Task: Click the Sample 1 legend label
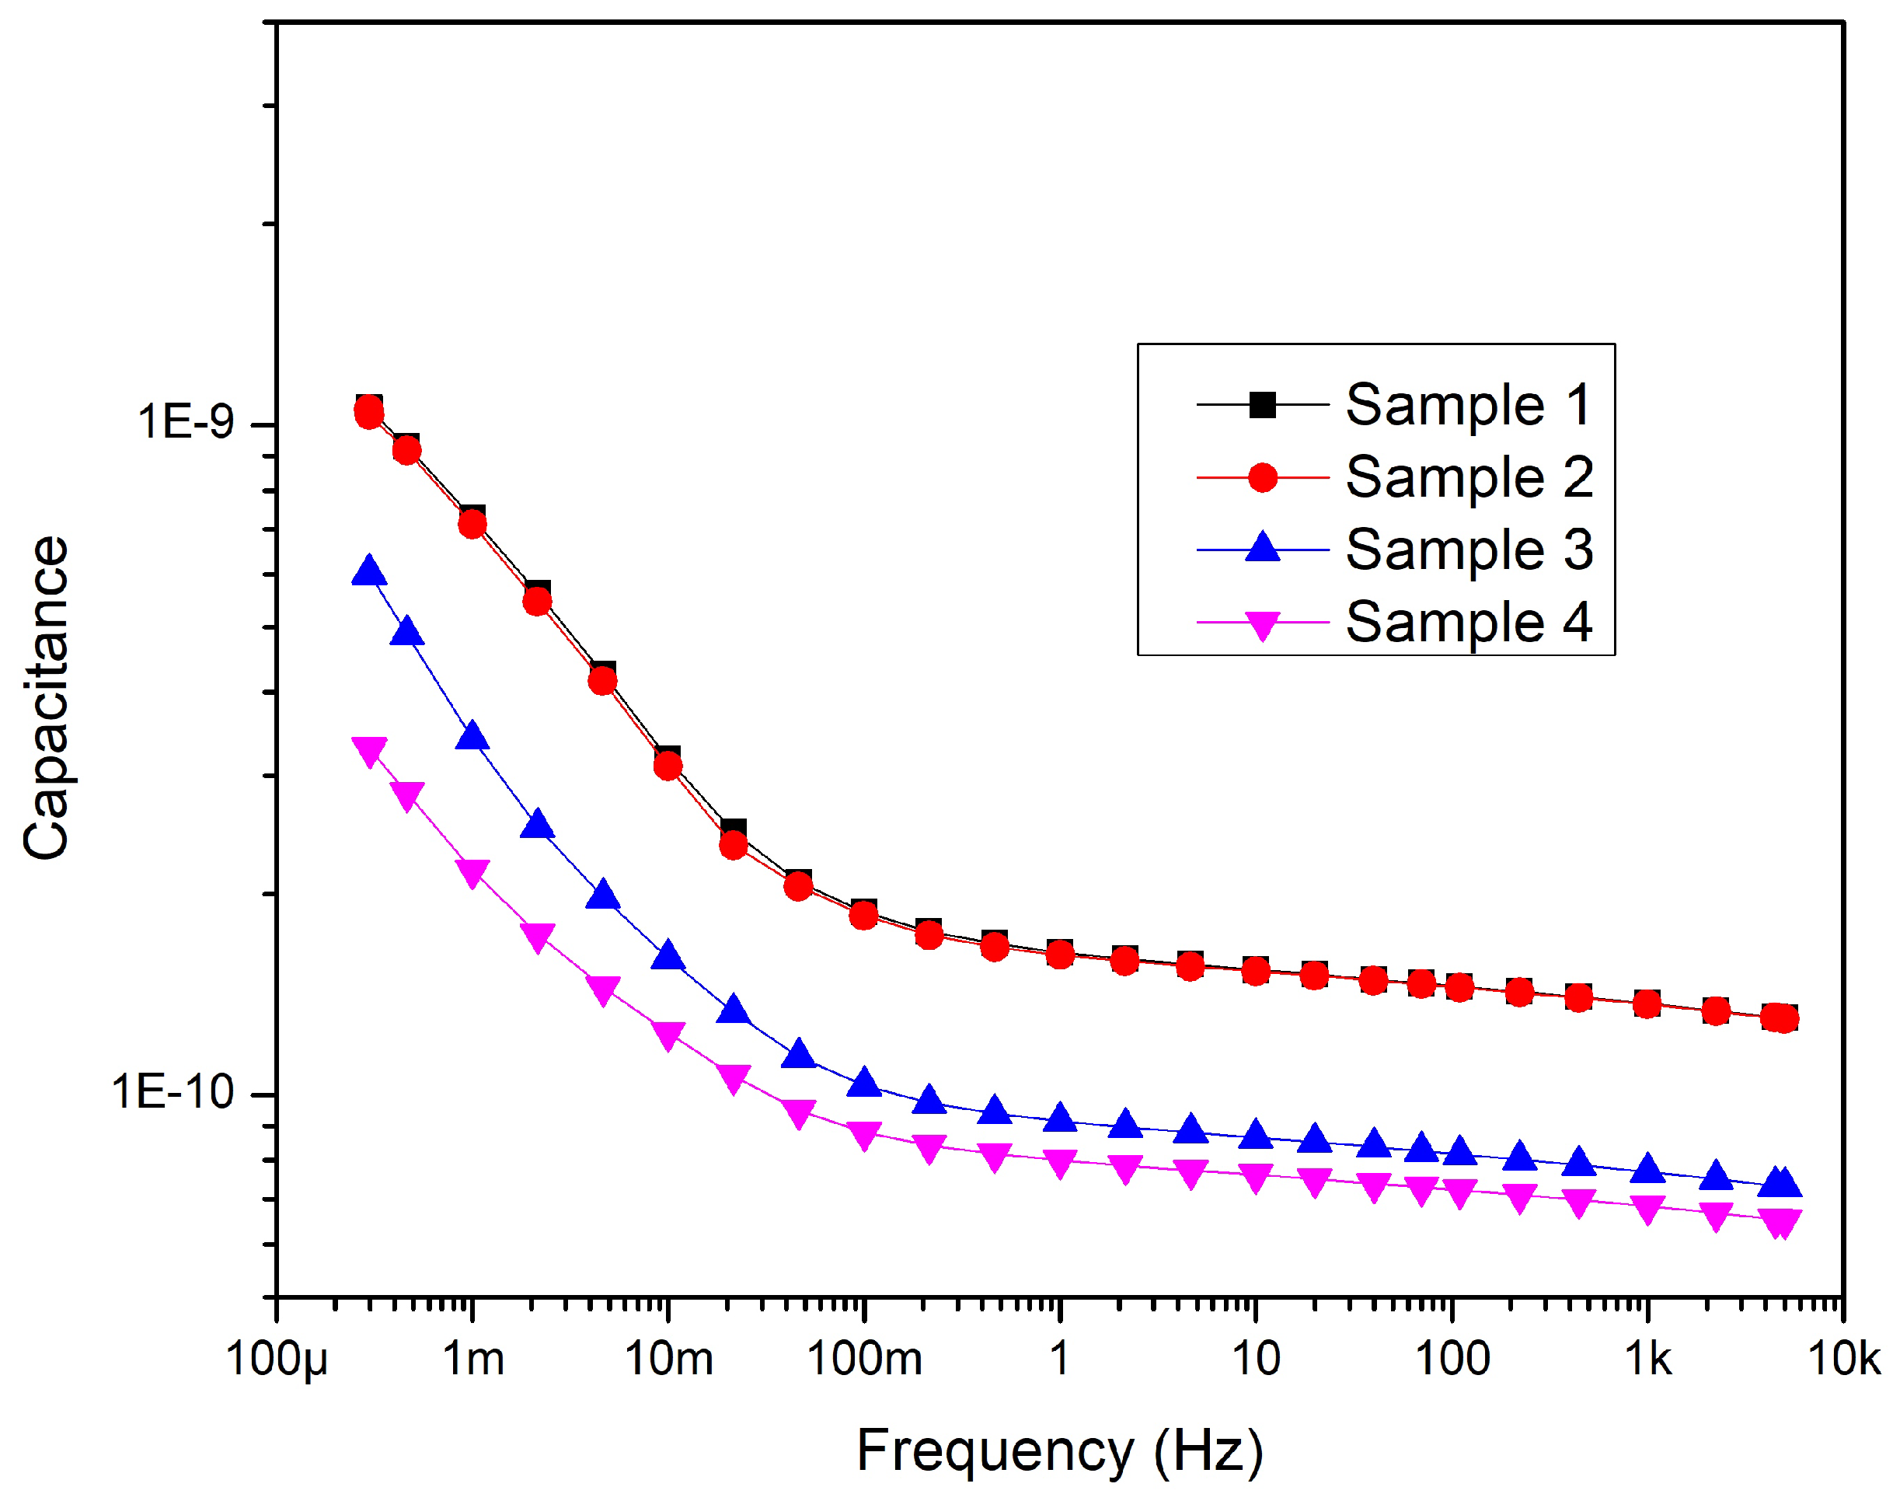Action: (x=1467, y=405)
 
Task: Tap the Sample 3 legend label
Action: (x=1469, y=550)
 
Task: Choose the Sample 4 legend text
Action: (x=1469, y=622)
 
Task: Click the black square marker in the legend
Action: (x=1262, y=405)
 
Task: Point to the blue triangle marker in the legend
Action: (x=1262, y=548)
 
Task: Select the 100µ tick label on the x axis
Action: (x=277, y=1360)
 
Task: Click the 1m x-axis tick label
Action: (x=473, y=1360)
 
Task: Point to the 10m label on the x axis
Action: (x=668, y=1360)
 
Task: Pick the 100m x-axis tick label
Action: (x=864, y=1360)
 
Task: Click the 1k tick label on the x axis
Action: (x=1647, y=1360)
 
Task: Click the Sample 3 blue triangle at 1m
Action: (x=472, y=736)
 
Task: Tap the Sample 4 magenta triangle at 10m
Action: (x=668, y=1035)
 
